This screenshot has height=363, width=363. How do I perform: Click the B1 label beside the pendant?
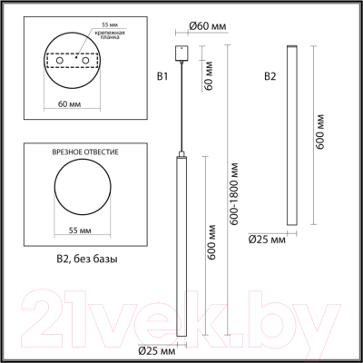coord(163,76)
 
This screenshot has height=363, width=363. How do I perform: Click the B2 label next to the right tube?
coord(270,76)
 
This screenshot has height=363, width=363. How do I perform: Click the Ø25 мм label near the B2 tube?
coord(267,240)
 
